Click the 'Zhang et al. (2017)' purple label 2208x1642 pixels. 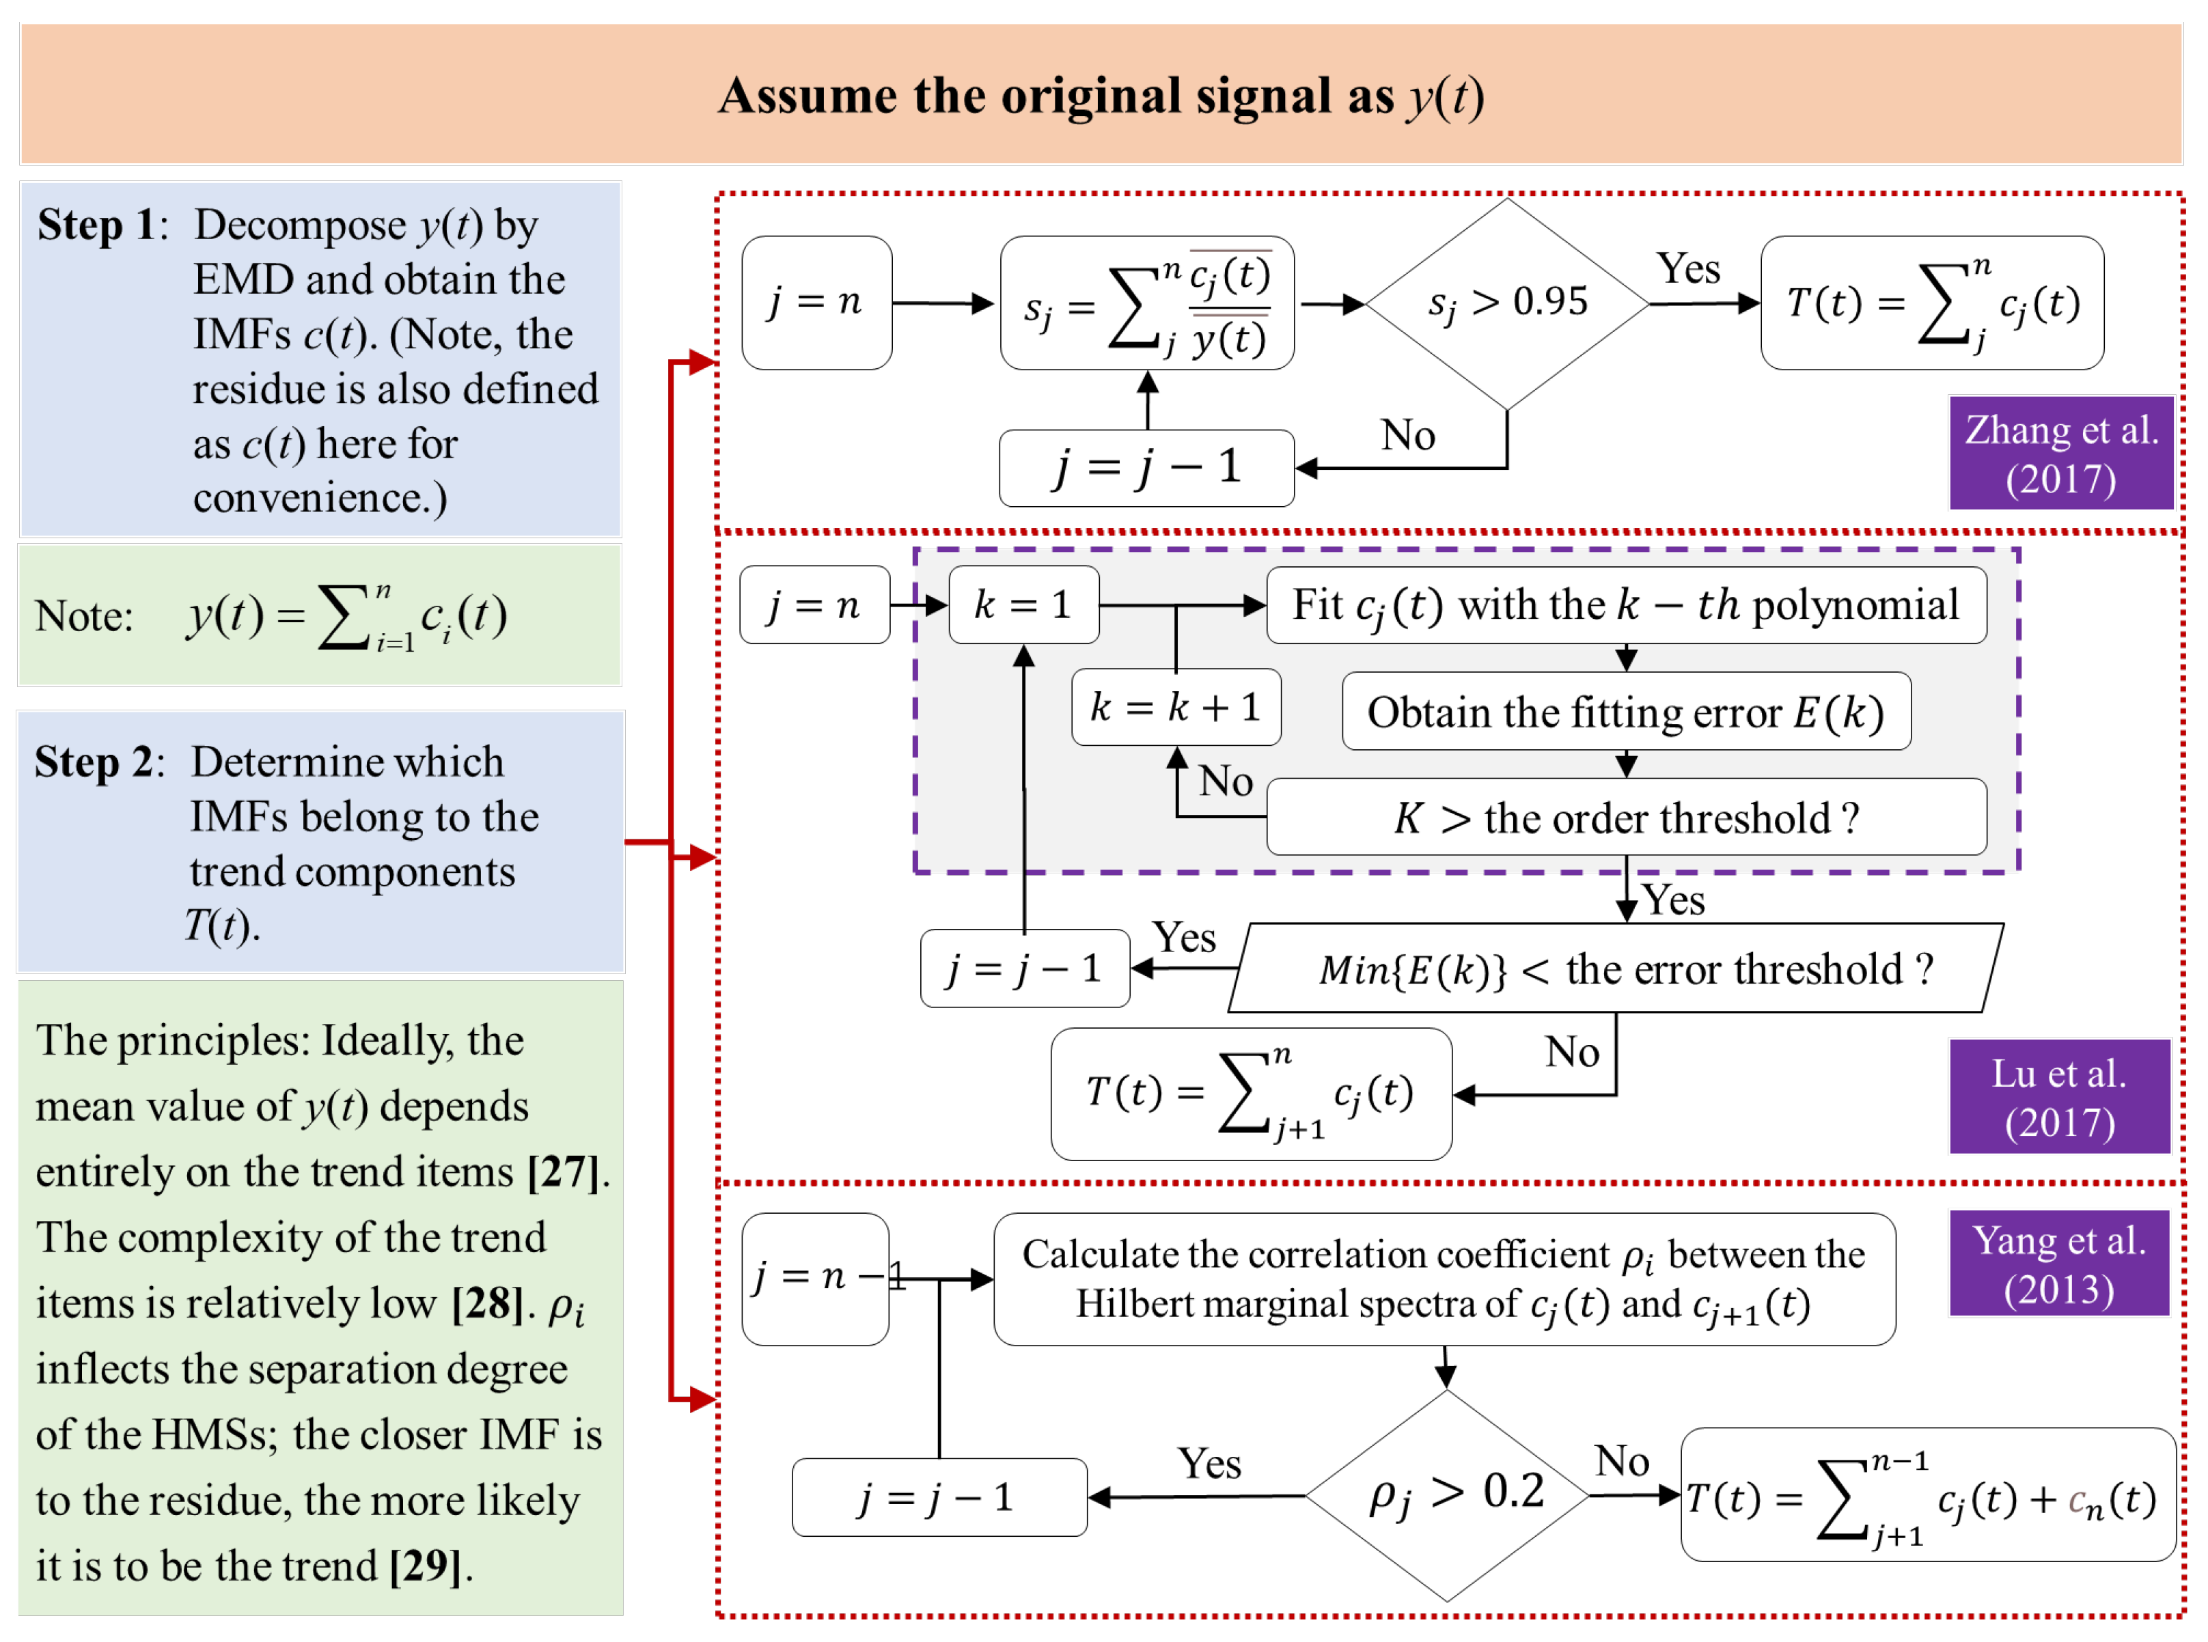pos(2061,454)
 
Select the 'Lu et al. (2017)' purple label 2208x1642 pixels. pos(2059,1098)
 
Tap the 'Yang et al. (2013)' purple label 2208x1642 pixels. pos(2059,1264)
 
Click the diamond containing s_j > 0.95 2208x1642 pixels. pos(1507,303)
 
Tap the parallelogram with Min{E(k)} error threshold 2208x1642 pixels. pos(1616,968)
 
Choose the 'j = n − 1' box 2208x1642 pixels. pos(815,1278)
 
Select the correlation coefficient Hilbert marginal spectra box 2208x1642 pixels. pos(1444,1279)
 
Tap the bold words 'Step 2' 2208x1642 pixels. pos(94,762)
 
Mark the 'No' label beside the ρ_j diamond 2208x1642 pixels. pos(1621,1460)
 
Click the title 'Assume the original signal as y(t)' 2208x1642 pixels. pos(1101,96)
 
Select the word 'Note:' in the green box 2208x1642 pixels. pos(83,616)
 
